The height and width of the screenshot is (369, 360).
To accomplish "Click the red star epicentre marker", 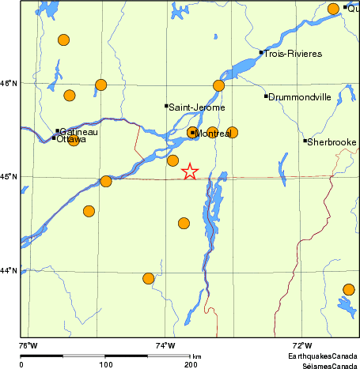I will click(x=190, y=171).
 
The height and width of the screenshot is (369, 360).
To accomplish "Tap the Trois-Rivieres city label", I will click(x=293, y=54).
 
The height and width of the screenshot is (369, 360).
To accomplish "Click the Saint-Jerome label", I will click(x=197, y=107).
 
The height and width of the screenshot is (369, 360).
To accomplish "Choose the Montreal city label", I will click(x=213, y=134).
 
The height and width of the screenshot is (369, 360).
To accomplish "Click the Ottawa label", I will click(x=71, y=139).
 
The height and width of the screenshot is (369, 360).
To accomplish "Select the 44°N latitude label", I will click(x=9, y=271).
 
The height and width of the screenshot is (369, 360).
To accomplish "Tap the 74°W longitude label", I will click(x=165, y=345).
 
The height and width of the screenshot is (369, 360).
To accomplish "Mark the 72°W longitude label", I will click(x=302, y=345).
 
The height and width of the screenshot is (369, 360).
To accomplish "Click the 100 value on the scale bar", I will click(x=105, y=364).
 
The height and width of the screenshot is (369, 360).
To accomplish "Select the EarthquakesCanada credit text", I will click(x=321, y=357).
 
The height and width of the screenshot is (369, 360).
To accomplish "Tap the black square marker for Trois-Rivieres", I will click(x=261, y=53).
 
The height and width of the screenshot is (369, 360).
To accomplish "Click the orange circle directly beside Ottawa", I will click(x=74, y=140).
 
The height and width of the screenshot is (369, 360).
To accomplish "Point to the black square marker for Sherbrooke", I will click(x=305, y=141).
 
